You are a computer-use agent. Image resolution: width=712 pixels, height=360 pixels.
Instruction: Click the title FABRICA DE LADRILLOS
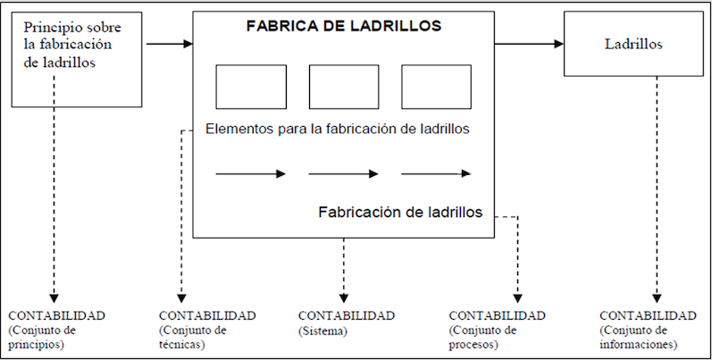coord(344,27)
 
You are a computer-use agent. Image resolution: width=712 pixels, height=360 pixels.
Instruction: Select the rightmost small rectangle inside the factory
coord(436,87)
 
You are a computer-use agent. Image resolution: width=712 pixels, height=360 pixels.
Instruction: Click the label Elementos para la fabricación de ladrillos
coord(338,129)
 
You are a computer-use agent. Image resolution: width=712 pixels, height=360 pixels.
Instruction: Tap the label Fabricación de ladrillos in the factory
coord(400,213)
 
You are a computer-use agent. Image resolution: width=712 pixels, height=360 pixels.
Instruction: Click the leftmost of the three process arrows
coord(251,173)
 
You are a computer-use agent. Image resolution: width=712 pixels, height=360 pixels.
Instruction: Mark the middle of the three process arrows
coord(344,173)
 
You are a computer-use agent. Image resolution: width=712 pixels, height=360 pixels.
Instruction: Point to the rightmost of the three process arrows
coord(436,173)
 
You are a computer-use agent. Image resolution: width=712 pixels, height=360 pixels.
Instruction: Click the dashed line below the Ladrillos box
coord(658,179)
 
